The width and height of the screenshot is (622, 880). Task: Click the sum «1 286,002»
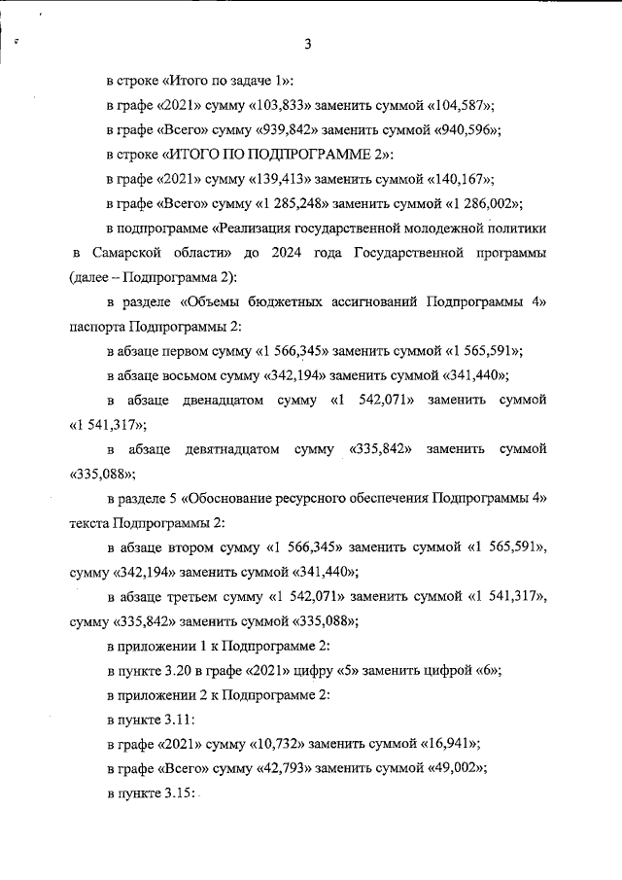[483, 204]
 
